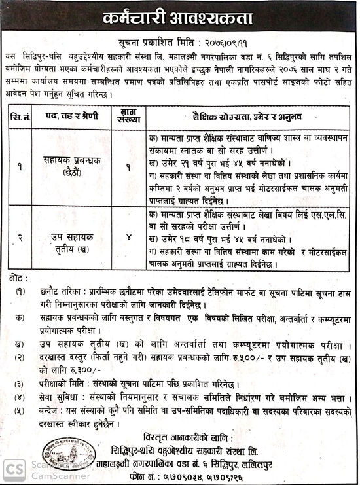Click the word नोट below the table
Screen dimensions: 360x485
coord(16,278)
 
